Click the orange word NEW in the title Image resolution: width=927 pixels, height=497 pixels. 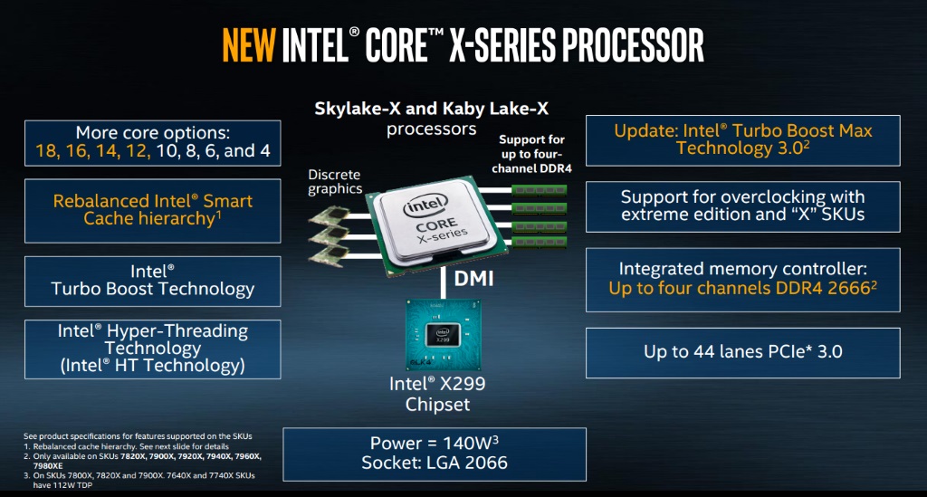249,45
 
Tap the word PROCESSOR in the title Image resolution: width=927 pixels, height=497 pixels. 633,45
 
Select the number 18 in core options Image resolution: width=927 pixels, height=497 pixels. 46,150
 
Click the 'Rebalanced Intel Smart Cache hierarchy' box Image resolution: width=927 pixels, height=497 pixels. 152,210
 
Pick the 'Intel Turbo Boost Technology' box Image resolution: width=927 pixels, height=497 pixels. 152,281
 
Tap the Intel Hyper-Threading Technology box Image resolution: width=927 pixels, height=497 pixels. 152,349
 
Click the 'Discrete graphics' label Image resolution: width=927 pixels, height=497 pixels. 335,181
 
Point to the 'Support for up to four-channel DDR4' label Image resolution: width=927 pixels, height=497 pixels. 531,154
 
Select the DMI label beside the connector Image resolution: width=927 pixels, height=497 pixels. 473,278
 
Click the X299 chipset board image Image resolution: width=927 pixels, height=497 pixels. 443,334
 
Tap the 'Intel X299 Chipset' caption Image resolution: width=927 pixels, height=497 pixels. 437,394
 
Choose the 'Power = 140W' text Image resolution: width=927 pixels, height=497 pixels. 434,444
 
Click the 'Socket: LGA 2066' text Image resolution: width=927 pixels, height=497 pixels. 435,462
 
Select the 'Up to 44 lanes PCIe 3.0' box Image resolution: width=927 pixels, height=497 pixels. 742,352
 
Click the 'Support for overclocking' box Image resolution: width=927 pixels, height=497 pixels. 742,206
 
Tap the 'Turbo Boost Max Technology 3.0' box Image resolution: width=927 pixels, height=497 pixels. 742,140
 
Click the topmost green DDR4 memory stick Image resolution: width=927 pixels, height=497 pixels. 540,190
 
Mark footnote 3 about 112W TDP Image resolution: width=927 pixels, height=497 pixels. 139,480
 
